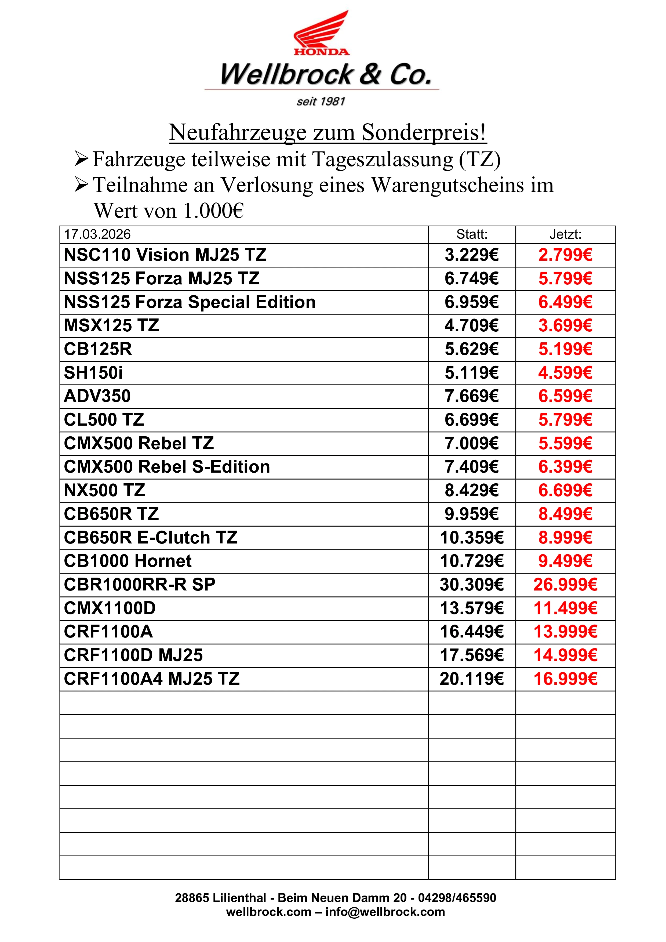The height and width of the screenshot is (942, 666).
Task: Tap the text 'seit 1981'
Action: [321, 101]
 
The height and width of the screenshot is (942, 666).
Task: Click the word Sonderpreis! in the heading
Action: [424, 133]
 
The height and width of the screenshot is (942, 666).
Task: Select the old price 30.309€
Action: [472, 585]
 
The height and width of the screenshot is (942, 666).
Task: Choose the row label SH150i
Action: [93, 373]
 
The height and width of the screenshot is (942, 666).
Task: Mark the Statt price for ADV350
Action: [472, 396]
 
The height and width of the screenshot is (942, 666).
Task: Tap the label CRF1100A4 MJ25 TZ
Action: [152, 679]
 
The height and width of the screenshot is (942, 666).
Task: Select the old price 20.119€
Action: [472, 679]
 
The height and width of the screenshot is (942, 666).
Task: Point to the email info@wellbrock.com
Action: [385, 912]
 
